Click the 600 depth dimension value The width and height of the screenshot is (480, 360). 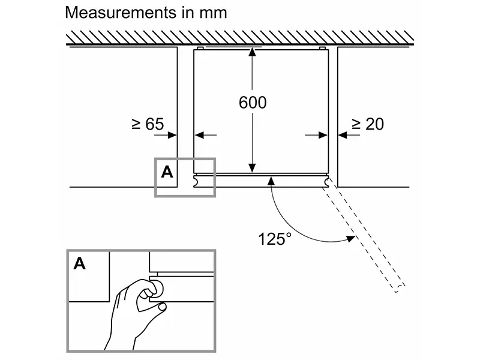253,103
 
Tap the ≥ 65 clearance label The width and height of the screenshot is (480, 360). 147,124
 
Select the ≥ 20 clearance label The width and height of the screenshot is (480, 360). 367,124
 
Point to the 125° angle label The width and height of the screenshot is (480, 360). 275,238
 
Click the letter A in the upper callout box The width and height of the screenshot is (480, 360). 167,172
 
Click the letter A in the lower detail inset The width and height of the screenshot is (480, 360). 80,263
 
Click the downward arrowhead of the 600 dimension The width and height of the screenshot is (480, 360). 253,167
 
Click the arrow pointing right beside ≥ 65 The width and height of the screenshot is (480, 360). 172,136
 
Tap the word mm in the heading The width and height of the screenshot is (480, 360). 213,12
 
